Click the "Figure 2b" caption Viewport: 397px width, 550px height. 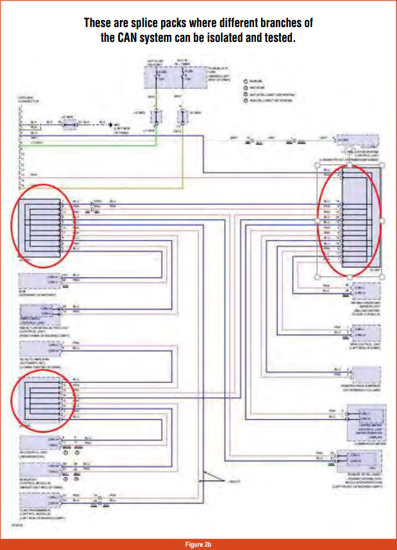[x=198, y=544]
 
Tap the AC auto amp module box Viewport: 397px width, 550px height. [x=40, y=348]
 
